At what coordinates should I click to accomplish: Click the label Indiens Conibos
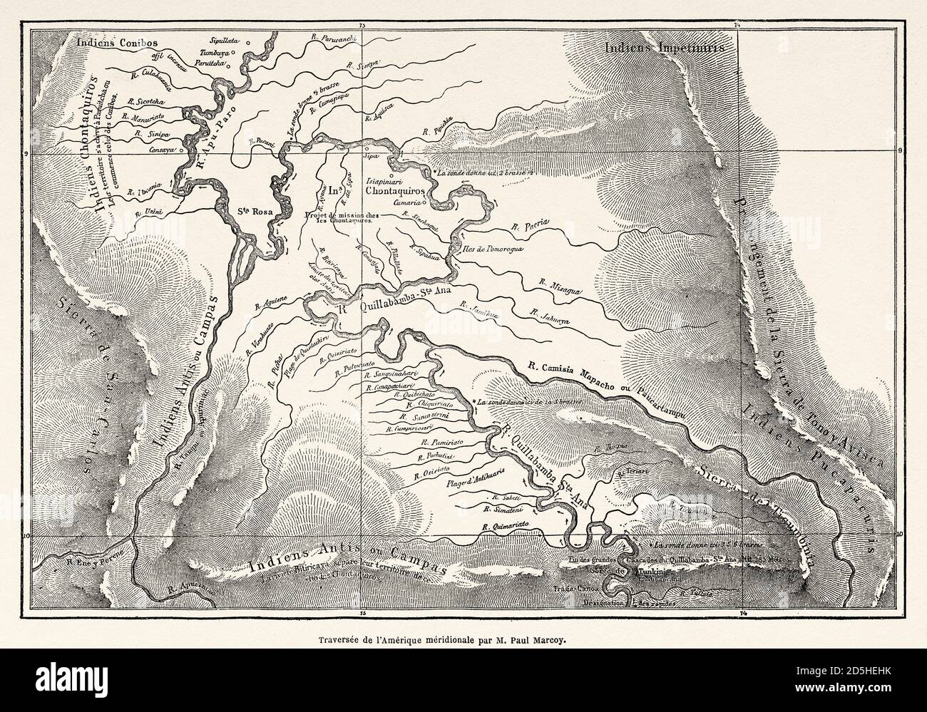point(116,43)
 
